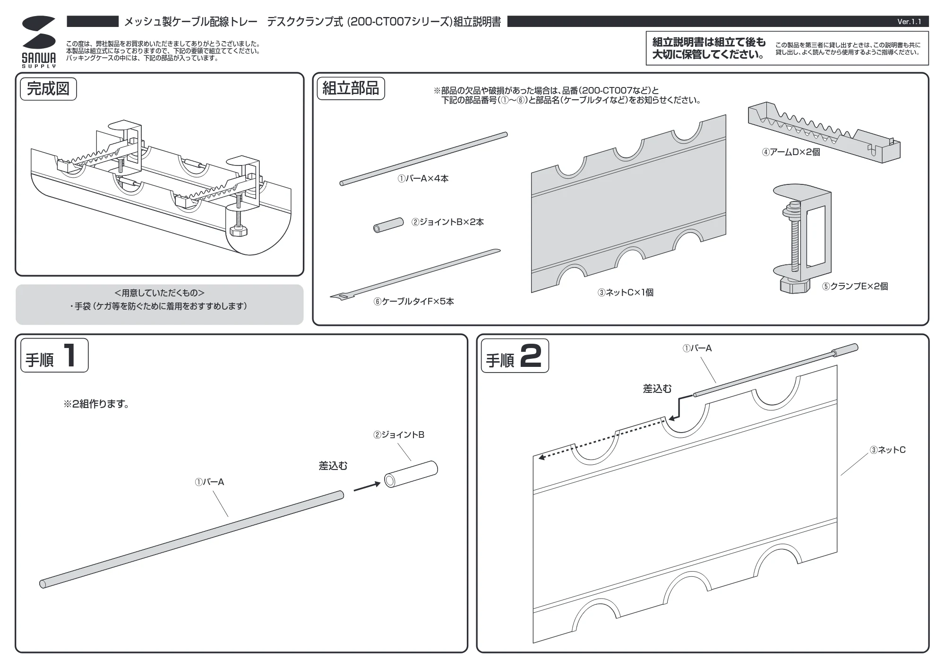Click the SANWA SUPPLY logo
point(39,42)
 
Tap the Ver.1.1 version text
point(909,22)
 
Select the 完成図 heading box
point(48,89)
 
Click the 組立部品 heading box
point(351,88)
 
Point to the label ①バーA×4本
point(423,179)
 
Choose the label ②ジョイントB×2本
point(447,222)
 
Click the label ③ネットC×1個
point(626,293)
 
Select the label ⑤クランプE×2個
point(855,287)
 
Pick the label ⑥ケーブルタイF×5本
point(414,302)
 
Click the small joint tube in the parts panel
point(388,225)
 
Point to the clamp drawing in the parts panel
point(802,238)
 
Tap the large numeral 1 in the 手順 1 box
point(70,356)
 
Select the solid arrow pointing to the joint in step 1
point(367,487)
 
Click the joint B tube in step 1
point(411,474)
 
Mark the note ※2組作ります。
point(96,404)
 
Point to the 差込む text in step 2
point(657,389)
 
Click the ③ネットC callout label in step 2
point(888,450)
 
